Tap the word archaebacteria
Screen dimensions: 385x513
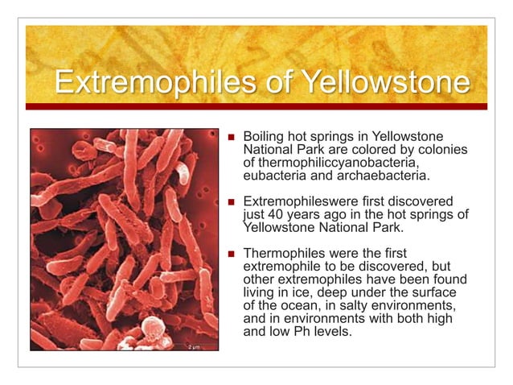[x=385, y=176]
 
